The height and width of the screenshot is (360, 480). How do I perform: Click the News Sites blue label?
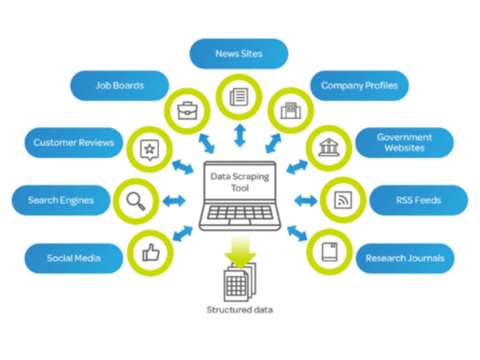pyautogui.click(x=239, y=54)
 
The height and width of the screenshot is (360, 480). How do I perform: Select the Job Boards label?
pyautogui.click(x=120, y=86)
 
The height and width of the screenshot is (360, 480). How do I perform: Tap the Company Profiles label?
pyautogui.click(x=359, y=86)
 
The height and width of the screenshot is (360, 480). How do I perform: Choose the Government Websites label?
pyautogui.click(x=404, y=143)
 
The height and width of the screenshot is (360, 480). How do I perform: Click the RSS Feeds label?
pyautogui.click(x=418, y=200)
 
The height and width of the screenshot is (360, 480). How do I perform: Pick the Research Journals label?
pyautogui.click(x=405, y=258)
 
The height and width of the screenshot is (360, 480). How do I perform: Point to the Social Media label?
pyautogui.click(x=73, y=258)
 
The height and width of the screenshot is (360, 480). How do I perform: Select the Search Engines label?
pyautogui.click(x=60, y=200)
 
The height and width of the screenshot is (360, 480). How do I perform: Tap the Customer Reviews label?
pyautogui.click(x=73, y=143)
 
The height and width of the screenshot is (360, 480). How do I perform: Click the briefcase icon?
pyautogui.click(x=187, y=111)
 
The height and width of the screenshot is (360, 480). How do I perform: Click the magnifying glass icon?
pyautogui.click(x=136, y=200)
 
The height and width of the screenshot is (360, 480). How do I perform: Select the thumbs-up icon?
pyautogui.click(x=151, y=252)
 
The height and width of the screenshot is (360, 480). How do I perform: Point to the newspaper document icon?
pyautogui.click(x=239, y=97)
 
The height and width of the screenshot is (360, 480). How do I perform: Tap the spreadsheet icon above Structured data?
pyautogui.click(x=239, y=283)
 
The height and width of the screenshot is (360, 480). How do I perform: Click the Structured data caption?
pyautogui.click(x=240, y=310)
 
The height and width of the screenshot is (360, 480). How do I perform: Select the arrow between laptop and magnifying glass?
pyautogui.click(x=174, y=201)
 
